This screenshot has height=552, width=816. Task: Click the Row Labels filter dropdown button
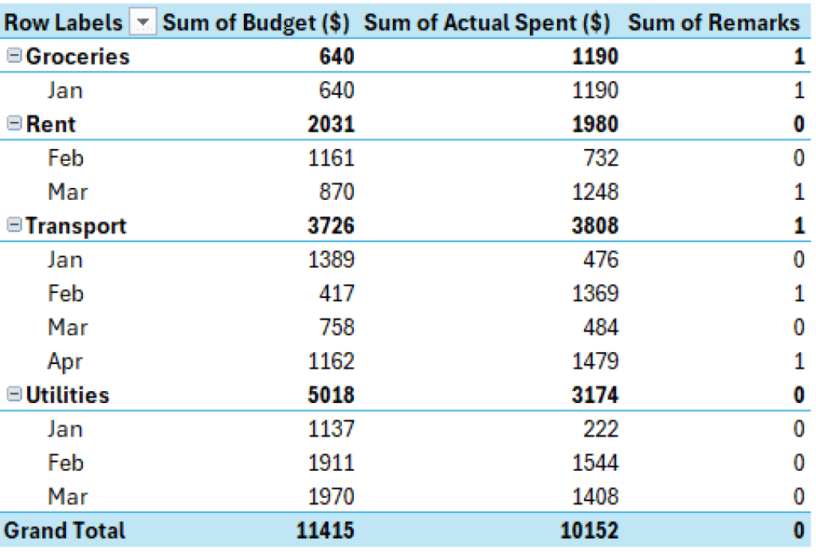coord(143,23)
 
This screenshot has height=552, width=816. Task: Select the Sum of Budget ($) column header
coord(256,23)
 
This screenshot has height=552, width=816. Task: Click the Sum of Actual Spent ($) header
coord(487,23)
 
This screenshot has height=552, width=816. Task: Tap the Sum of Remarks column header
coord(713,23)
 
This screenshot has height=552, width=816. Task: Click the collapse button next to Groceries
coord(14,57)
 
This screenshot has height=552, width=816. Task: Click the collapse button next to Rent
coord(14,124)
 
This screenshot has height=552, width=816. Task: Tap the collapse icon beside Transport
coord(14,226)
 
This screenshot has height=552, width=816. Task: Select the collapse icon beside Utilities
coord(14,395)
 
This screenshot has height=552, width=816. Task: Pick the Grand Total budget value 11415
coord(324,530)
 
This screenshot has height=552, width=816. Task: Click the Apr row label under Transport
coord(65,362)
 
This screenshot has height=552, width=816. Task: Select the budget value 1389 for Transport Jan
coord(331,260)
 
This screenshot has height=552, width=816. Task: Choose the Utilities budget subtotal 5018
coord(331,395)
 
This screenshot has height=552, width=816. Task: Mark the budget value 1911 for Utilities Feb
coord(331,463)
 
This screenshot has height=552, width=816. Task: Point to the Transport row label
coord(76,226)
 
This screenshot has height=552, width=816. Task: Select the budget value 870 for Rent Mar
coord(336,192)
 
